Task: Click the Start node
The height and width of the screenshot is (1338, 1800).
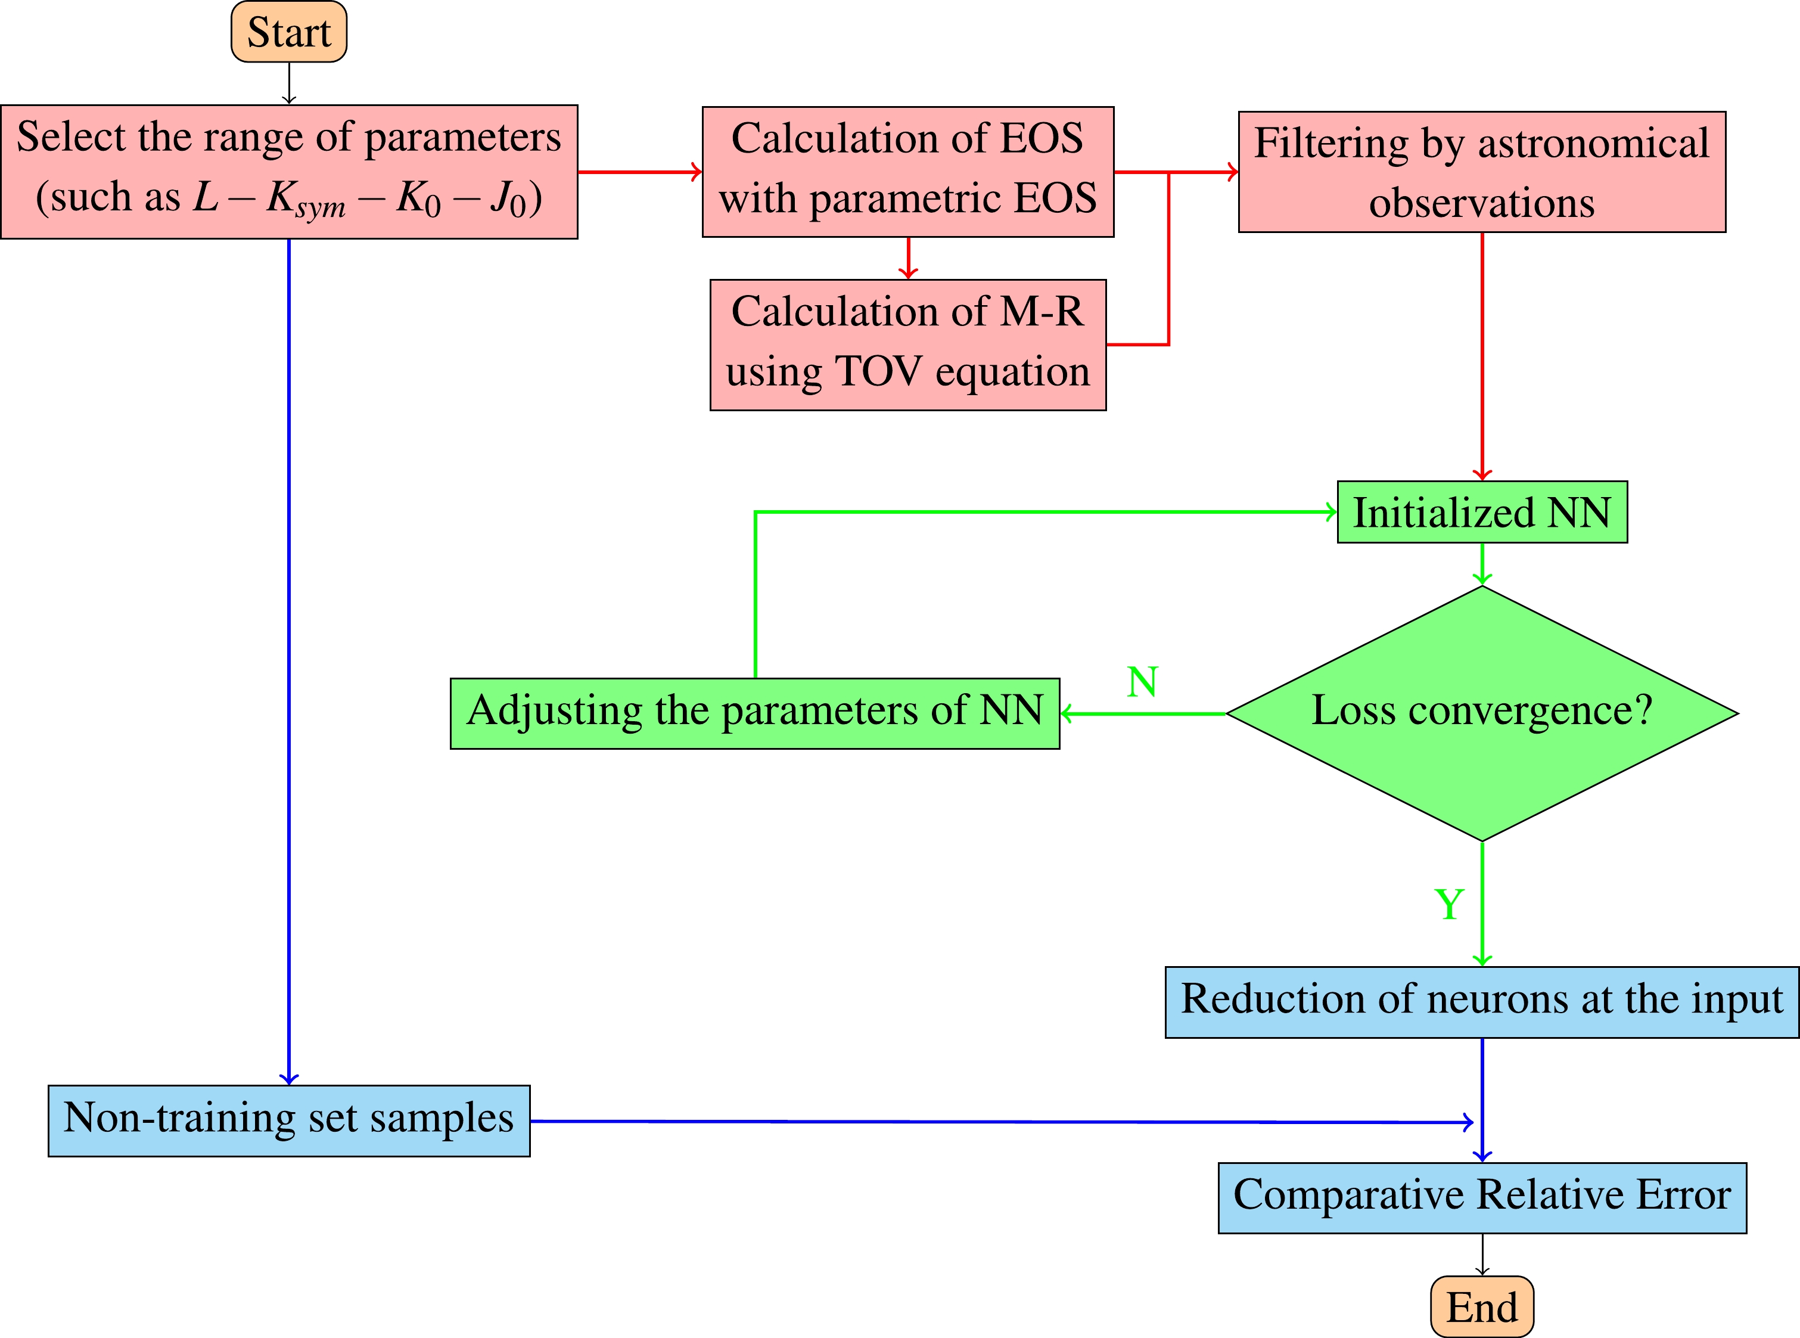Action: tap(289, 32)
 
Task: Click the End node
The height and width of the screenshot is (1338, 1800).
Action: tap(1482, 1306)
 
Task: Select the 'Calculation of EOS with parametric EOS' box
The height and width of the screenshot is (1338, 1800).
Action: tap(907, 172)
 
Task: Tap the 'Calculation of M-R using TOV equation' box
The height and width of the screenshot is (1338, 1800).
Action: tap(907, 345)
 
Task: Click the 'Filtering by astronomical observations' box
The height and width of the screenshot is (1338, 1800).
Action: tap(1482, 172)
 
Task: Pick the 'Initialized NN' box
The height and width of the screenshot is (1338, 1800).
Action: tap(1482, 512)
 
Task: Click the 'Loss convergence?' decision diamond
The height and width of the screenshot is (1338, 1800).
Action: tap(1482, 713)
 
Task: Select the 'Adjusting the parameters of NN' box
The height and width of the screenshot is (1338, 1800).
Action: tap(755, 713)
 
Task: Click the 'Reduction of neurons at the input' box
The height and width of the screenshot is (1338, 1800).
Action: tap(1482, 1002)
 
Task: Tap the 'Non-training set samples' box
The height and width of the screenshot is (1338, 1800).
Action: tap(289, 1121)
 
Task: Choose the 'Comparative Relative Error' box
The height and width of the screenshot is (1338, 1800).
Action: tap(1482, 1198)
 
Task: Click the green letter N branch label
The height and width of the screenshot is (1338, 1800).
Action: tap(1142, 682)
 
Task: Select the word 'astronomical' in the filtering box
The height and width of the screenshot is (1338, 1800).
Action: tap(1593, 144)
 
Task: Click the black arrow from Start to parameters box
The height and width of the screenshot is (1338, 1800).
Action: tap(289, 83)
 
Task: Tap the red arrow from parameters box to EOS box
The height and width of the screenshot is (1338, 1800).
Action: tap(640, 172)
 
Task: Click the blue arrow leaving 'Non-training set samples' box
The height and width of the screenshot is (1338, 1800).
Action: tap(1002, 1122)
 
